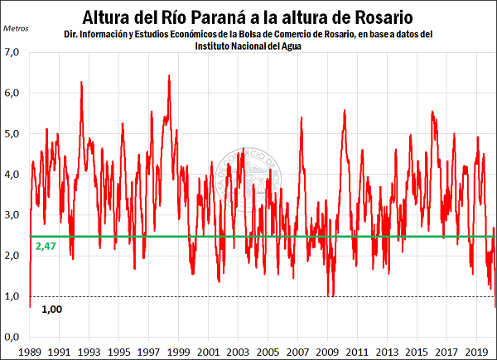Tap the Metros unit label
16,28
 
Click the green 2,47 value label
45,247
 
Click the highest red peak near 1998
169,76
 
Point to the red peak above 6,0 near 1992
81,83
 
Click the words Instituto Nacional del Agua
248,46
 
